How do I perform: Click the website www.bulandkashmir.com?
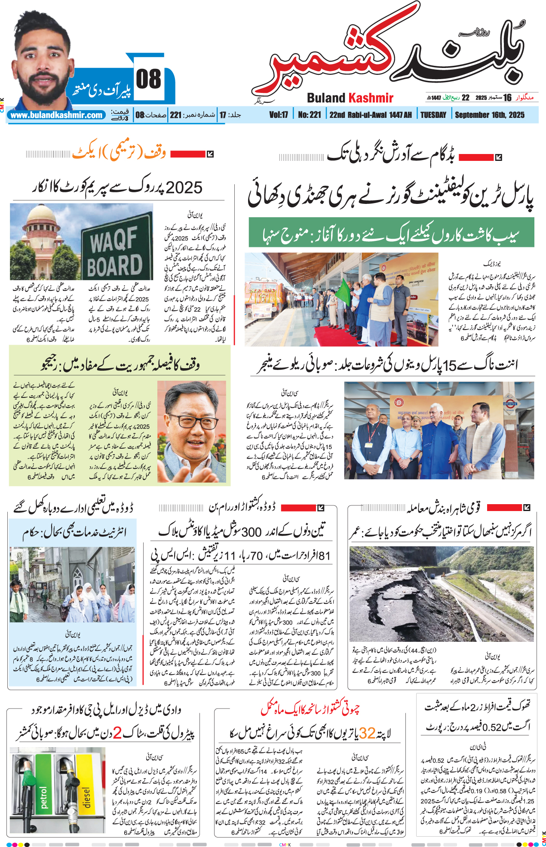(x=57, y=115)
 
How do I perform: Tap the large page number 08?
(x=149, y=80)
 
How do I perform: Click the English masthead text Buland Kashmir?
(x=350, y=98)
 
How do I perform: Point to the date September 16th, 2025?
(x=490, y=115)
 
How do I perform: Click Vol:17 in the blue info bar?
(x=278, y=115)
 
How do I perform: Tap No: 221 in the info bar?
(x=309, y=115)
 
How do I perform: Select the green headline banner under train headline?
(x=391, y=233)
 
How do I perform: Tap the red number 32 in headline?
(x=367, y=733)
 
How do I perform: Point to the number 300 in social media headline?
(x=252, y=532)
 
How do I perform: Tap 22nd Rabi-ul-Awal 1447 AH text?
(x=371, y=115)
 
